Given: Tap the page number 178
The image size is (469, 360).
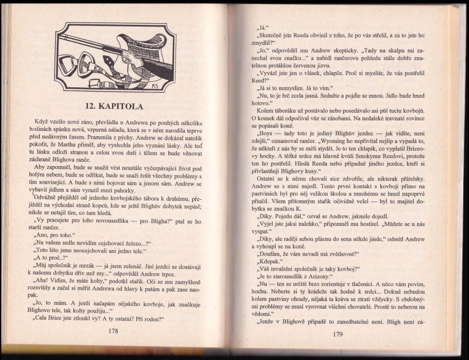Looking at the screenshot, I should [x=113, y=331].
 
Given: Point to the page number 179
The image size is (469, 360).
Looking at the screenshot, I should [x=338, y=334].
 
